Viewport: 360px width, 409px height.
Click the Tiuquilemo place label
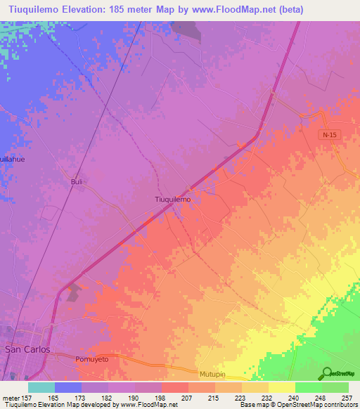[x=172, y=199]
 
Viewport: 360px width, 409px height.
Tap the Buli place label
[x=77, y=181]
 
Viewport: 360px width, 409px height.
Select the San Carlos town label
[x=27, y=349]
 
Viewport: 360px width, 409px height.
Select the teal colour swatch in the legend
[x=41, y=387]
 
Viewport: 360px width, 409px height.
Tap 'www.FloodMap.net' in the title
[x=224, y=8]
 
